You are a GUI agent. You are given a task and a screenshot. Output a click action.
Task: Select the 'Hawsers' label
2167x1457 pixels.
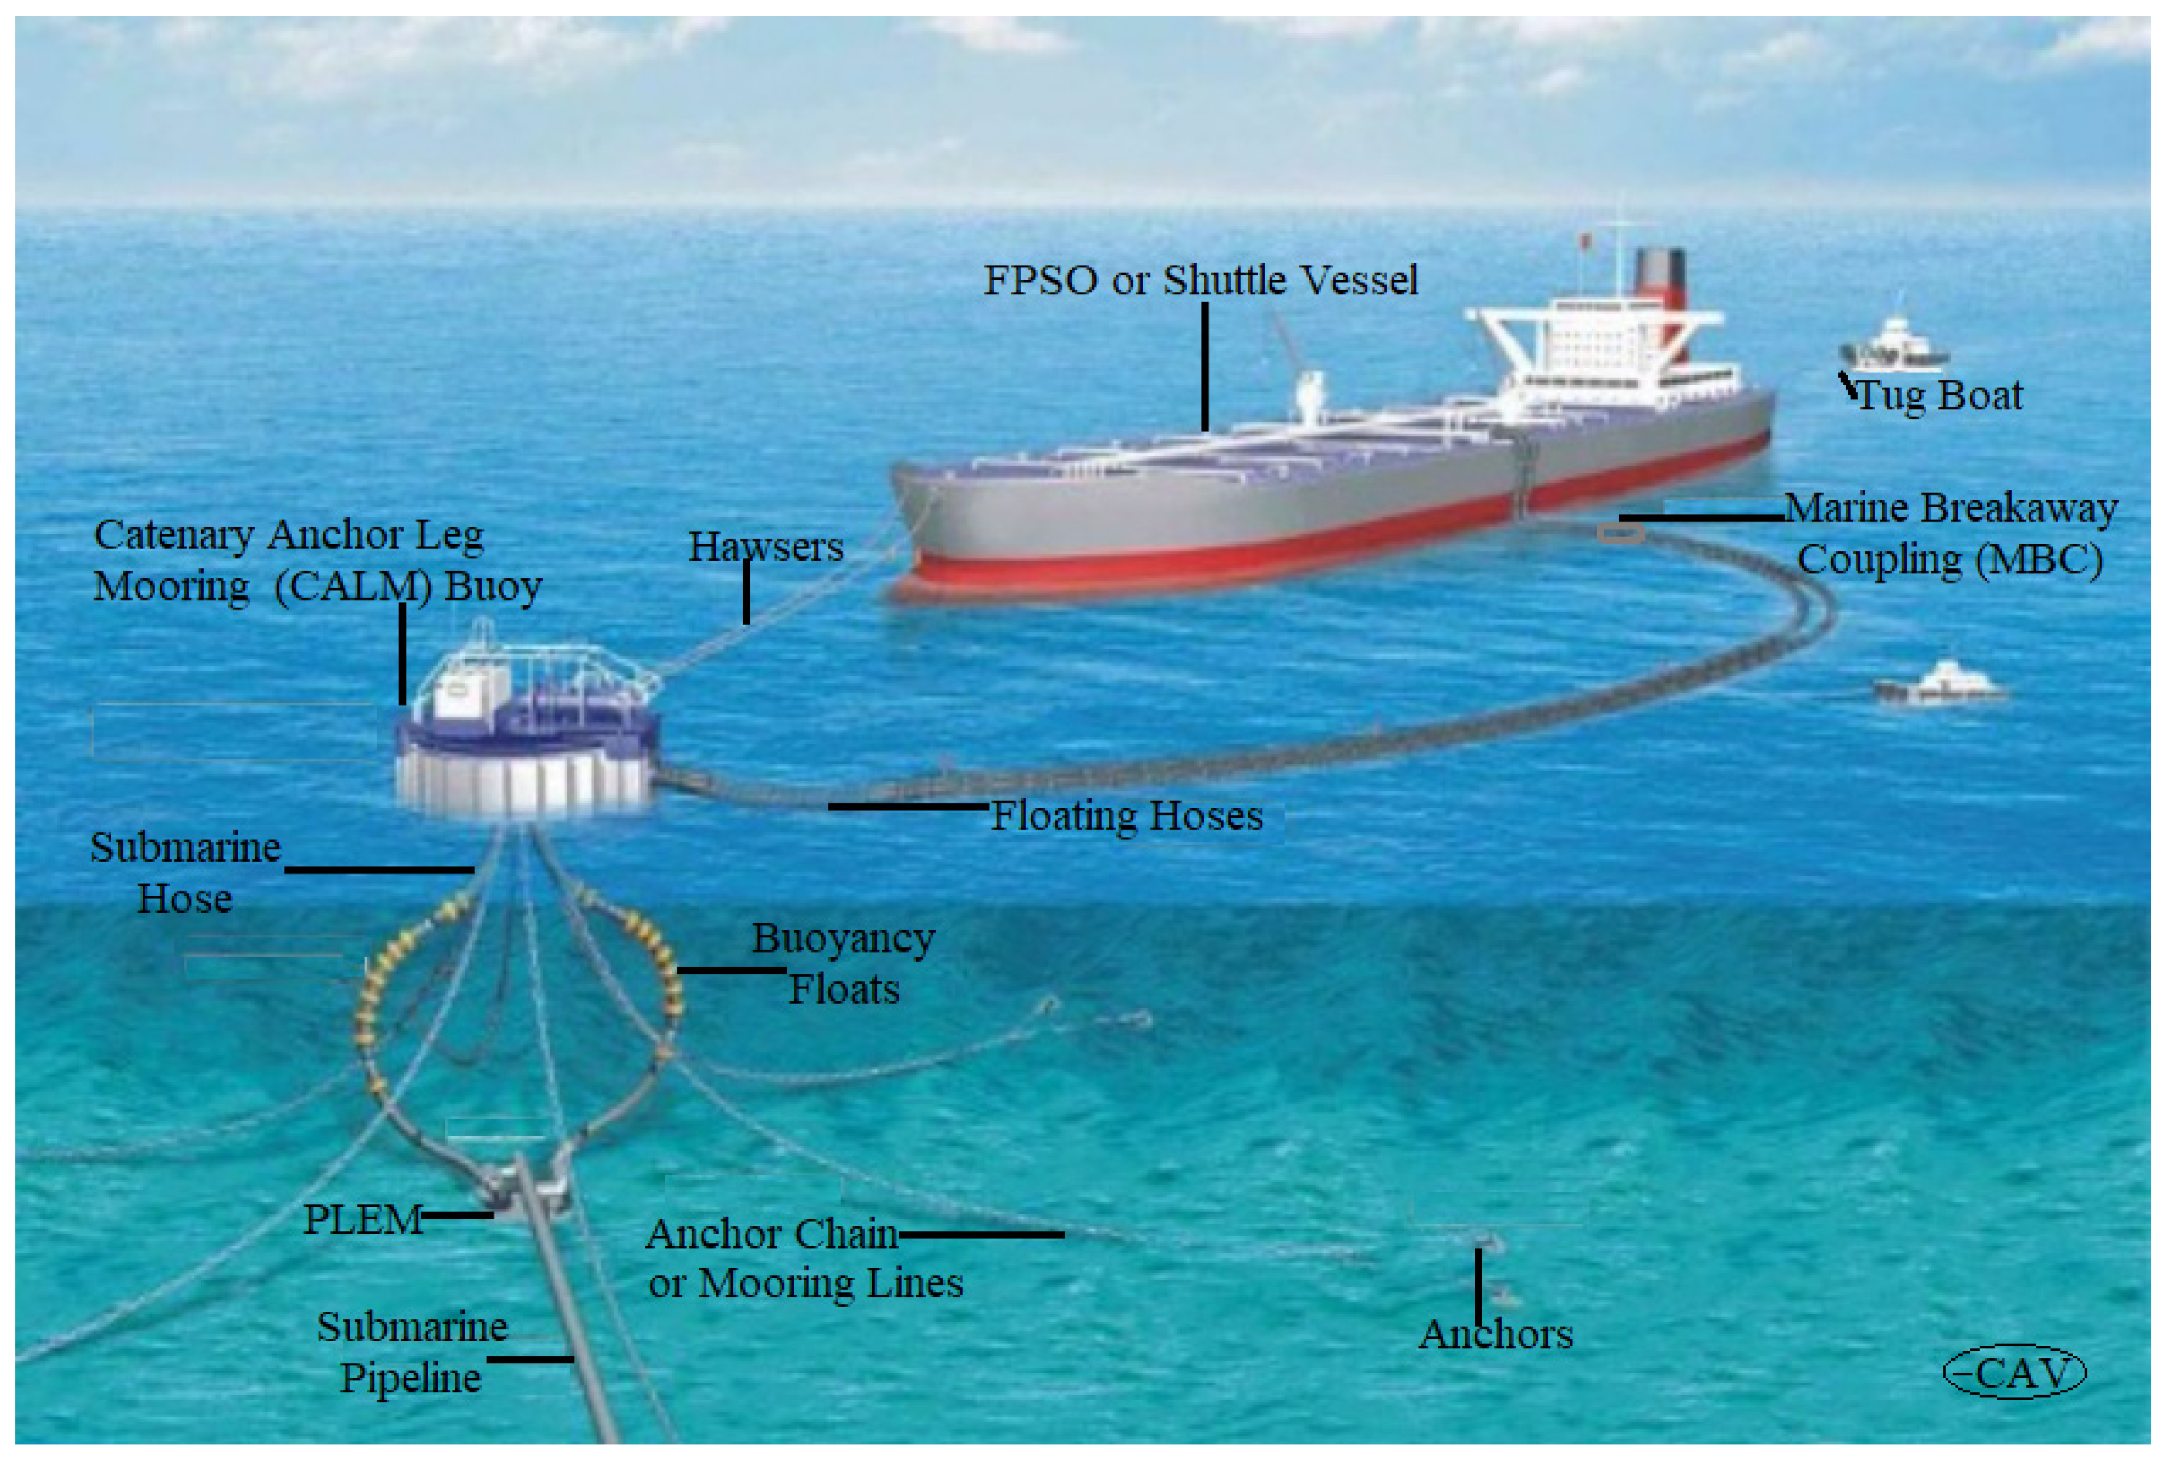click(x=766, y=547)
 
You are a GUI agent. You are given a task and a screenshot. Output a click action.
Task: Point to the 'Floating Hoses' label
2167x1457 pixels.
click(x=1127, y=816)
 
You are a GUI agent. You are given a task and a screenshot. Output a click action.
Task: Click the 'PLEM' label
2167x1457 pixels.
click(x=363, y=1219)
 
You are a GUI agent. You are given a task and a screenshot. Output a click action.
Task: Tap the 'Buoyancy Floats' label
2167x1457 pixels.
click(x=843, y=964)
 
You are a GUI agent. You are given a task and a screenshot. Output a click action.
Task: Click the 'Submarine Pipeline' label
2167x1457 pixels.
click(x=412, y=1352)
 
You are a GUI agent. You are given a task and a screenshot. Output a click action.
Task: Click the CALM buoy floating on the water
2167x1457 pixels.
click(x=527, y=734)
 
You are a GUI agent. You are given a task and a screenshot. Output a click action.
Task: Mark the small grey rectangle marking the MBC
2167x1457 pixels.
click(x=1621, y=533)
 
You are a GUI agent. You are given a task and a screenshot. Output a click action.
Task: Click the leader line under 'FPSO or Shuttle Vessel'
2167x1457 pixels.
click(x=1206, y=367)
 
